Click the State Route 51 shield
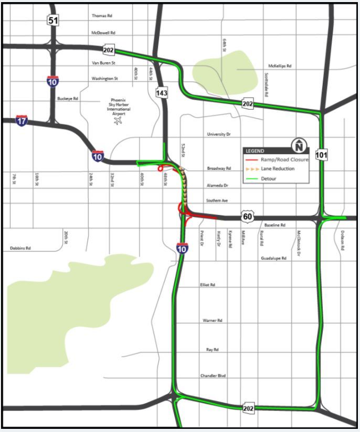tap(53, 20)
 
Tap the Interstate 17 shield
tap(22, 121)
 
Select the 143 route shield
tap(162, 93)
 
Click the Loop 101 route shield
tap(322, 155)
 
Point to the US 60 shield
tap(248, 216)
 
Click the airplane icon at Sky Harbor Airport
tap(117, 121)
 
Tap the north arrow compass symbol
tap(299, 145)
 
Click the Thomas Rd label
tap(102, 16)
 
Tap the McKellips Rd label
tap(280, 67)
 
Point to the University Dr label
tap(219, 134)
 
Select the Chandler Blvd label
tap(213, 375)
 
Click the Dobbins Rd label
tap(21, 248)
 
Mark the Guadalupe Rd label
tap(274, 258)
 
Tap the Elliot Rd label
tap(208, 285)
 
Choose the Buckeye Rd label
tap(68, 98)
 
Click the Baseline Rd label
tap(275, 225)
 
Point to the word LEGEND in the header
tap(255, 151)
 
